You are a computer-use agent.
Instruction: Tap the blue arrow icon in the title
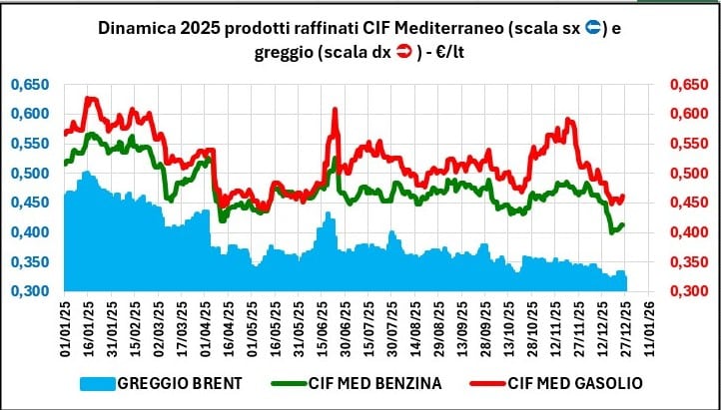click(x=591, y=29)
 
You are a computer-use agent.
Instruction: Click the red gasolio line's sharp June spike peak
click(x=335, y=109)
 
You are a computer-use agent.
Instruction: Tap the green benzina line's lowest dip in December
click(x=613, y=231)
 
